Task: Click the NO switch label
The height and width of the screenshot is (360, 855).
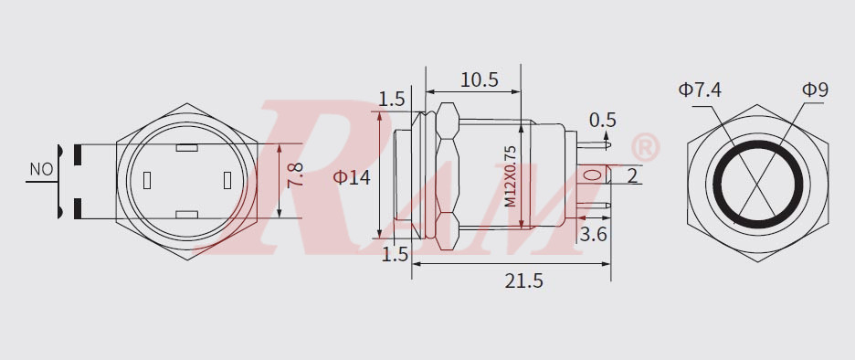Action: (x=40, y=169)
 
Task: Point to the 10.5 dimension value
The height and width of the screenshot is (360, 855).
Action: (x=479, y=80)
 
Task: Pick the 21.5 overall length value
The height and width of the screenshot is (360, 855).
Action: (x=523, y=281)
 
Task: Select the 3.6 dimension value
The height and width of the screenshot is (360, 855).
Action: (x=595, y=235)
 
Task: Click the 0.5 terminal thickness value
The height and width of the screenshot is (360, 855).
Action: (x=603, y=120)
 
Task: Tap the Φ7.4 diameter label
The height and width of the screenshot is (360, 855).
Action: (x=700, y=90)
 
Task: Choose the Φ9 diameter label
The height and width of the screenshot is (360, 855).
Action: (x=815, y=90)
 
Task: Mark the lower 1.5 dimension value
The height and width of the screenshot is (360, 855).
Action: (x=394, y=255)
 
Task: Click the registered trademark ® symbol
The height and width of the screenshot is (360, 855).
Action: (x=645, y=146)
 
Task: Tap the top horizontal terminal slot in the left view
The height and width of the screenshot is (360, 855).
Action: (x=186, y=147)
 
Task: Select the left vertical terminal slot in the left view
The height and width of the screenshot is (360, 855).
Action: (x=146, y=181)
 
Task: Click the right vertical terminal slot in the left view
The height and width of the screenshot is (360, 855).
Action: (x=227, y=181)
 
